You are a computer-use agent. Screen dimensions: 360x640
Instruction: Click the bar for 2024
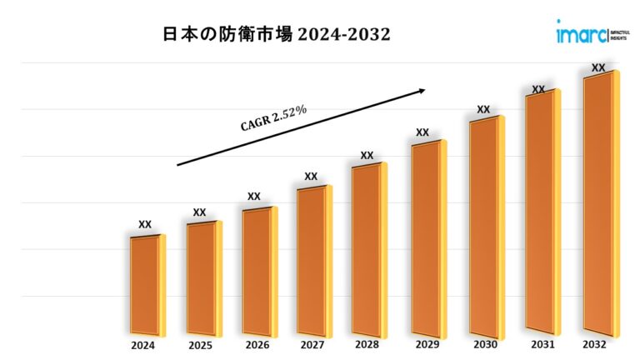(x=145, y=283)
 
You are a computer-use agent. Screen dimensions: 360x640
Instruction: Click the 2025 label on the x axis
(x=200, y=345)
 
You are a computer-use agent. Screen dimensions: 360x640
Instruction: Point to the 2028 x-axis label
(x=367, y=345)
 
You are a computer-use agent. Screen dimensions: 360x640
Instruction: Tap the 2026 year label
(x=257, y=345)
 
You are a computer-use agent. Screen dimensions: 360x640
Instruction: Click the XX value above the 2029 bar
(x=422, y=132)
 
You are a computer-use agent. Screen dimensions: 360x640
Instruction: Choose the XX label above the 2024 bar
(x=145, y=224)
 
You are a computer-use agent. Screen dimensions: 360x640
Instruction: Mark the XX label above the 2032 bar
(x=598, y=67)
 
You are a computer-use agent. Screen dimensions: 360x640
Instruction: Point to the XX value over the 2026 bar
(x=254, y=197)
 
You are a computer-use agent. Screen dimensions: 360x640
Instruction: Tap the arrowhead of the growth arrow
(x=422, y=89)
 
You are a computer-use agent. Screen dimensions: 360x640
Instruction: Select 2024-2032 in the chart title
(x=342, y=36)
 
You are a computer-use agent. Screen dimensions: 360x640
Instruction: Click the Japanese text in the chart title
(x=224, y=36)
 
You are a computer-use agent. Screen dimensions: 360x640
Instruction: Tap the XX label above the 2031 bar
(x=538, y=89)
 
